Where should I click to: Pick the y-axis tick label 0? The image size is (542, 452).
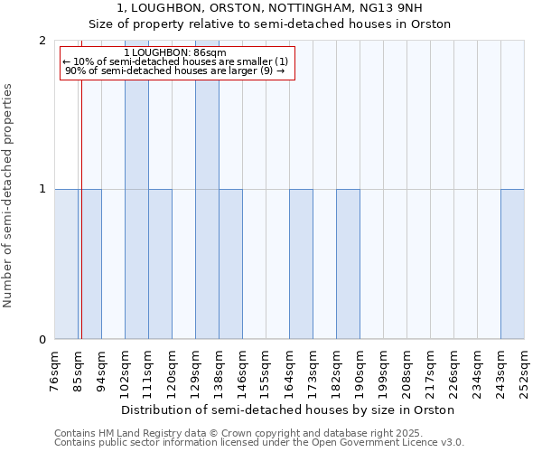coord(42,340)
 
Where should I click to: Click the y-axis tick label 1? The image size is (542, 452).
coord(42,190)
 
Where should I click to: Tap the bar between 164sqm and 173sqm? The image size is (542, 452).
coord(301,264)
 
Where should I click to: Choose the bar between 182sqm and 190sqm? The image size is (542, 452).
coord(348,264)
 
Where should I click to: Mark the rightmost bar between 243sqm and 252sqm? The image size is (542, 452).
coord(512,264)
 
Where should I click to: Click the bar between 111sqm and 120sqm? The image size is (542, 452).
coord(160,264)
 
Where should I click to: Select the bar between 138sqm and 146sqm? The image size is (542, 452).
coord(230,264)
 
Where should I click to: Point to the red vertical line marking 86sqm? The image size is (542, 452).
coord(81,226)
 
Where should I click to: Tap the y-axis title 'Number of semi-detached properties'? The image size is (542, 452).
coord(9,196)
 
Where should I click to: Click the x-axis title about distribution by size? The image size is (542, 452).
coord(287,410)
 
